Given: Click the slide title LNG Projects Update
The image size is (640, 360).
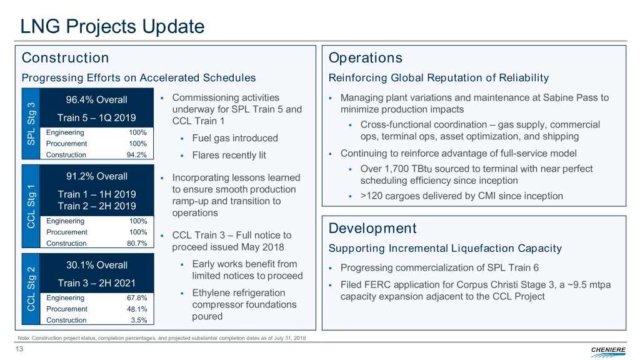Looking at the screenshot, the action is (x=112, y=26).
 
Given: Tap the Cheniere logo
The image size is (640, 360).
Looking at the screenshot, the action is (x=608, y=351).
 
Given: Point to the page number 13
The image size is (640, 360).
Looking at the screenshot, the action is (x=19, y=349).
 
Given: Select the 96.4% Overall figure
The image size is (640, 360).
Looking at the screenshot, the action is (x=97, y=99).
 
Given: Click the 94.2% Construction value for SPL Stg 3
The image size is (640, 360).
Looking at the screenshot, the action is (x=137, y=155).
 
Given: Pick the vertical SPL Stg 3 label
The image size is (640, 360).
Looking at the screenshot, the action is (x=31, y=124).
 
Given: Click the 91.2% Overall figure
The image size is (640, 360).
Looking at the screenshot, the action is (x=97, y=176).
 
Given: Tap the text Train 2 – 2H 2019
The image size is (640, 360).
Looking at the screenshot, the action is (x=97, y=206).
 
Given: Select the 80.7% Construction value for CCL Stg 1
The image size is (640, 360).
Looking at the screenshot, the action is (x=137, y=243).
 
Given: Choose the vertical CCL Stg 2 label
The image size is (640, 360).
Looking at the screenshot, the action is (x=31, y=289).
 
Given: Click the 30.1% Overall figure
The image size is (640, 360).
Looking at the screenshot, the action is (x=97, y=265).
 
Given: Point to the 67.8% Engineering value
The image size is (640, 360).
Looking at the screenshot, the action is (x=137, y=298).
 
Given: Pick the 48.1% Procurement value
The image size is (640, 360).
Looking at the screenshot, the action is (x=137, y=309).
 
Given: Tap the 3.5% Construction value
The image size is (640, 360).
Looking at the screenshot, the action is (x=139, y=321).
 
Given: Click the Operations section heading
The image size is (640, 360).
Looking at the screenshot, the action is (x=365, y=58).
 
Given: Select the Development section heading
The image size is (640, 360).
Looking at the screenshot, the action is (x=372, y=228).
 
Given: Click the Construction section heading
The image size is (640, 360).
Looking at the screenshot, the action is (x=65, y=58).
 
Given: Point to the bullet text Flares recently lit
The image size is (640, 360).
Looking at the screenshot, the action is (x=229, y=156).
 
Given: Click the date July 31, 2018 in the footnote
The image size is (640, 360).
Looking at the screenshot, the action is (x=290, y=338).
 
